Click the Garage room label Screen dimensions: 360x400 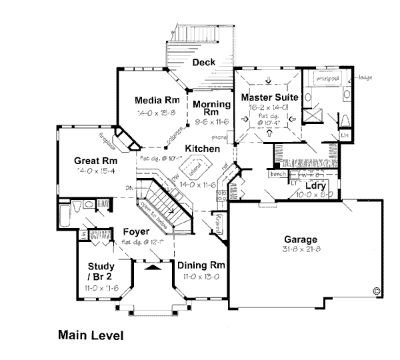tap(300, 240)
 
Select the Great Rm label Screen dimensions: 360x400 tap(96, 161)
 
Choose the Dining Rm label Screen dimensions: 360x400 tap(200, 265)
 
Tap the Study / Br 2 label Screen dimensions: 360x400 tap(98, 273)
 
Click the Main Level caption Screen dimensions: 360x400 tap(90, 335)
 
